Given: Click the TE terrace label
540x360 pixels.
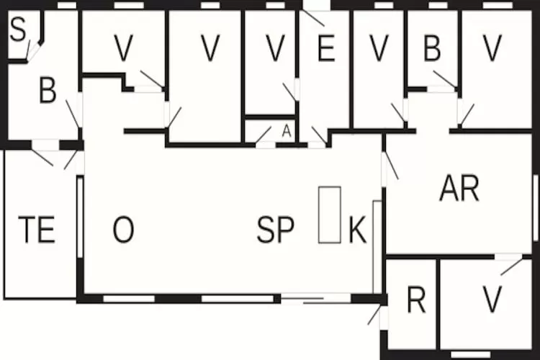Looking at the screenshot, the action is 37,230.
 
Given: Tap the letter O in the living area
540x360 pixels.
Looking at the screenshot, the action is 123,229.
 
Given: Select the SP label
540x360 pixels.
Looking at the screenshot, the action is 276,230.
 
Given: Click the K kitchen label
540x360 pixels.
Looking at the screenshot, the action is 357,230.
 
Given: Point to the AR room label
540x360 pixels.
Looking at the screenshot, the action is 459,188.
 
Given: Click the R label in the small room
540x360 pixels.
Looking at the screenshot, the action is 416,300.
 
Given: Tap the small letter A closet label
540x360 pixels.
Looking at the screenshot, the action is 287,131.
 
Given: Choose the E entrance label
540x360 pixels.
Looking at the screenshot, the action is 326,48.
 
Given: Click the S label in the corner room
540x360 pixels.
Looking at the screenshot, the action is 18,29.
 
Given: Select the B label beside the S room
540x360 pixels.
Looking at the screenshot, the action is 48,90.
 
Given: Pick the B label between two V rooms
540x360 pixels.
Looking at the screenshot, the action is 432,48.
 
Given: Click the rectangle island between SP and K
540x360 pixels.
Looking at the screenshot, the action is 330,215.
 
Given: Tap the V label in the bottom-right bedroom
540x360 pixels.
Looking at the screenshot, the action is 492,300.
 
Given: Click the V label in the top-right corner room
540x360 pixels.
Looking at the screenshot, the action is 492,48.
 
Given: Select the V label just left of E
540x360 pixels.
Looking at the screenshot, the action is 276,48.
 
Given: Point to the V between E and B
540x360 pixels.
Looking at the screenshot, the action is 379,48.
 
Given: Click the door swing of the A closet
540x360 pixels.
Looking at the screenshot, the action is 264,135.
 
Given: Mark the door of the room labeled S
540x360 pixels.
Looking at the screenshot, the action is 33,51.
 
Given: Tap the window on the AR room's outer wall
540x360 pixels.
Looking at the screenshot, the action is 536,207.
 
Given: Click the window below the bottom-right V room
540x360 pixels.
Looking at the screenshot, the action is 471,354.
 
